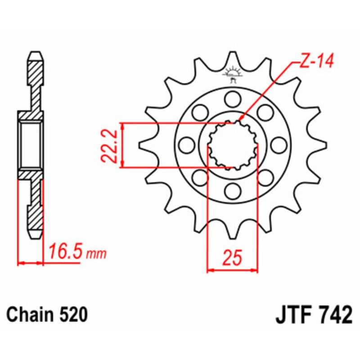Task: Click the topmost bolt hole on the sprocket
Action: pos(233,99)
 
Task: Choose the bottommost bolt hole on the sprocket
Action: pos(233,191)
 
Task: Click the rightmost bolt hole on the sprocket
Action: pos(279,145)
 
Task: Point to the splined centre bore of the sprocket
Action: pos(233,145)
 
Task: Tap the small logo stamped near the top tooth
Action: pos(233,74)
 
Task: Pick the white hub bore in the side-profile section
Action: pos(31,145)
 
